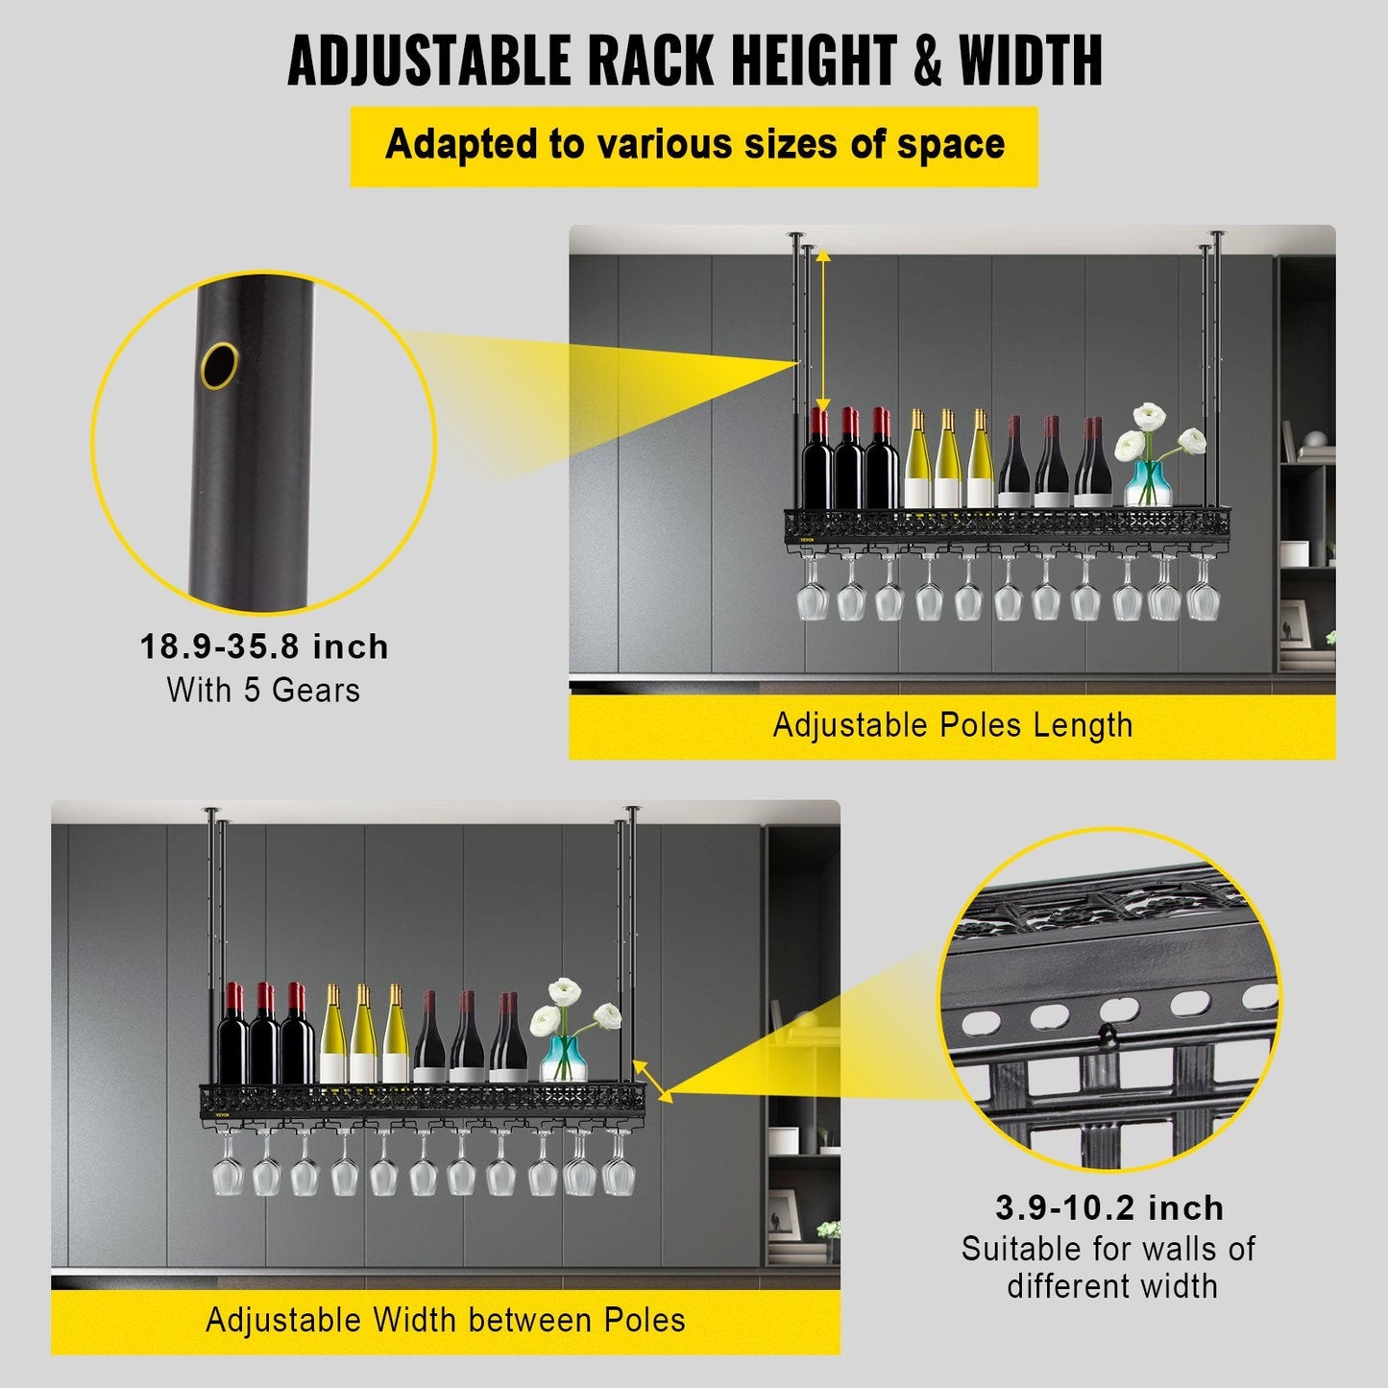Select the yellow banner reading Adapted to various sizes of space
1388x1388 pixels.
pos(694,145)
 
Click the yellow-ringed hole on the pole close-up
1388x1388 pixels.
pos(220,365)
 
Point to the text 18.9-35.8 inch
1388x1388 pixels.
pos(264,646)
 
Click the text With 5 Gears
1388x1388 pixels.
pos(263,690)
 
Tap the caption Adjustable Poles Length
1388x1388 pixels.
pos(952,724)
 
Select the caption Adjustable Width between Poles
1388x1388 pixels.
pos(446,1320)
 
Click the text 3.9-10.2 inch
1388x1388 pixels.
pos(1109,1207)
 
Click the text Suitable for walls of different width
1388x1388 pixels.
pos(1109,1267)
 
